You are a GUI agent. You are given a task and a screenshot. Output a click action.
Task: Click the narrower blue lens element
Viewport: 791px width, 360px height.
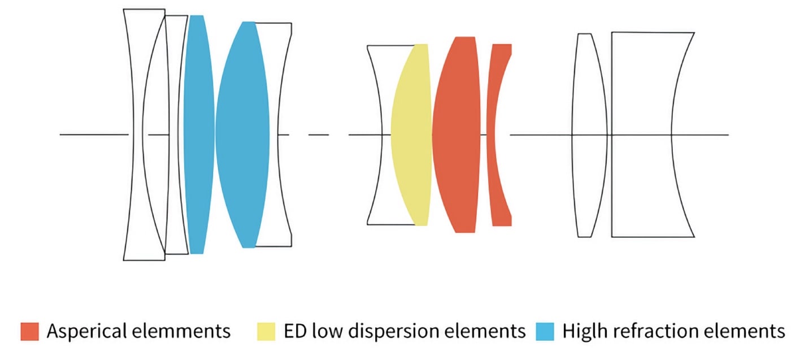(x=199, y=135)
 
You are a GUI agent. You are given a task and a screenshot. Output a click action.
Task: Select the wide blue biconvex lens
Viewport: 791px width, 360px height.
(x=242, y=135)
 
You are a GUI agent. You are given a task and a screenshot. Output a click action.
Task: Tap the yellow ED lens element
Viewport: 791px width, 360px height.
(x=411, y=135)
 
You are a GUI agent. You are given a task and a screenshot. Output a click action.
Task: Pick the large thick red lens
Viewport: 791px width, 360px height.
(x=457, y=135)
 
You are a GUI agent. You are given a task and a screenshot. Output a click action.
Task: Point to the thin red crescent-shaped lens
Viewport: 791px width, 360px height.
(x=491, y=135)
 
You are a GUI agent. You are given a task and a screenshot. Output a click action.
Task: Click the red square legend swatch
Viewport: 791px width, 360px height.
(x=29, y=331)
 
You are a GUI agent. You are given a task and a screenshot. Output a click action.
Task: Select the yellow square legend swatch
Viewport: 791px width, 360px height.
(x=266, y=331)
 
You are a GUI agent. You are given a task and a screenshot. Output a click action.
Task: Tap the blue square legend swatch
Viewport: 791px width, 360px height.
(x=545, y=331)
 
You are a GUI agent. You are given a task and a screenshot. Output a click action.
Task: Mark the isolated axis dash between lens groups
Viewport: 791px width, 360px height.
(x=319, y=135)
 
